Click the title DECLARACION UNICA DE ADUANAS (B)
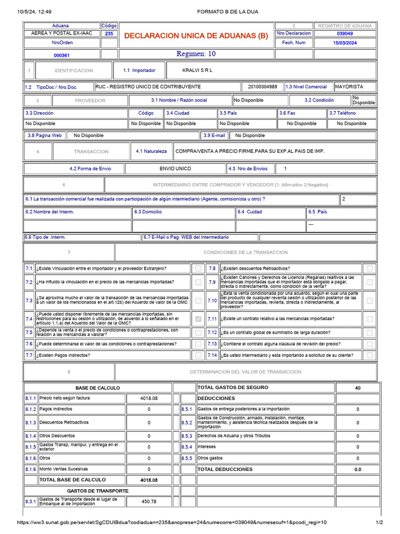pyautogui.click(x=196, y=36)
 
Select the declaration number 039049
pyautogui.click(x=345, y=33)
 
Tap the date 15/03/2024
pyautogui.click(x=345, y=43)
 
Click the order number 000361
pyautogui.click(x=62, y=55)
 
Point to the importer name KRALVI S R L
pyautogui.click(x=197, y=70)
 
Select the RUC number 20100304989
pyautogui.click(x=262, y=87)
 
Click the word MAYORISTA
pyautogui.click(x=349, y=87)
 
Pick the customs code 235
pyautogui.click(x=109, y=33)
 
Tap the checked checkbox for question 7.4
pyautogui.click(x=198, y=319)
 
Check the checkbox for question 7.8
pyautogui.click(x=369, y=268)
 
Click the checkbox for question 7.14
pyautogui.click(x=369, y=355)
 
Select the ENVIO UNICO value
pyautogui.click(x=175, y=168)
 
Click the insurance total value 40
pyautogui.click(x=357, y=387)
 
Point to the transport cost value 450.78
pyautogui.click(x=149, y=502)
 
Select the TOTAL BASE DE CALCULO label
pyautogui.click(x=72, y=480)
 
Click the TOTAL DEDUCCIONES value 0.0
pyautogui.click(x=357, y=469)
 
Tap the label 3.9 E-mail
pyautogui.click(x=215, y=135)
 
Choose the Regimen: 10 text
pyautogui.click(x=196, y=54)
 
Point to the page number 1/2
pyautogui.click(x=379, y=523)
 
